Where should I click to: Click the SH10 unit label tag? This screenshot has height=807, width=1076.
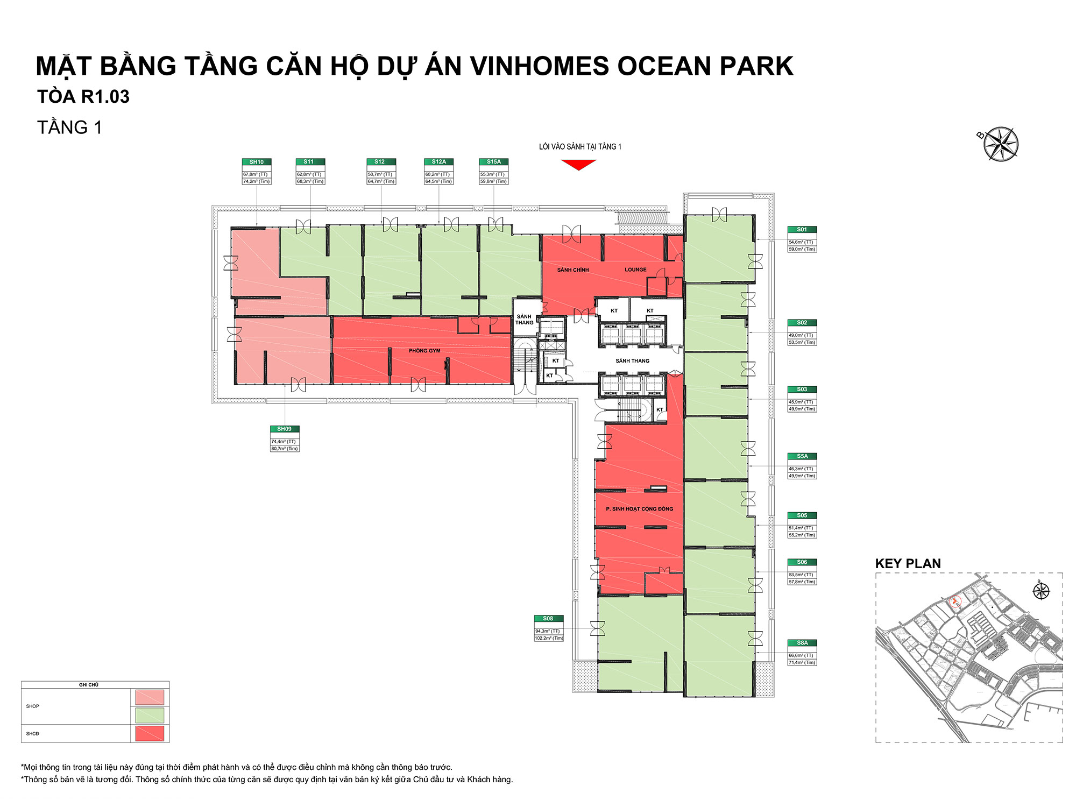257,162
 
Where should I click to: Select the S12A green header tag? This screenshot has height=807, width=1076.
438,162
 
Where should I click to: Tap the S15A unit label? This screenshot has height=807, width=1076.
493,162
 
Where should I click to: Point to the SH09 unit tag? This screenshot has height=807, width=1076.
284,429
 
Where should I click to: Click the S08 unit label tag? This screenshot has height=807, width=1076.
548,619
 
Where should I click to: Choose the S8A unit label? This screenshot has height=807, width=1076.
802,643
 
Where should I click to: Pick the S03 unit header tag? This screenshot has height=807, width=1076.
802,390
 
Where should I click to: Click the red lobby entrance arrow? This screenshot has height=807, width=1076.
578,165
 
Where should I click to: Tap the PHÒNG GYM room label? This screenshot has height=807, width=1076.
424,351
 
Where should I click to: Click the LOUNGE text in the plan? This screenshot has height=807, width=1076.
635,270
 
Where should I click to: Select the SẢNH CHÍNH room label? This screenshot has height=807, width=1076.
573,270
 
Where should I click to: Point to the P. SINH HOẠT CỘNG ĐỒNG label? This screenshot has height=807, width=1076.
639,509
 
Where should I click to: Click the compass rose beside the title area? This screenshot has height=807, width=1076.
1000,144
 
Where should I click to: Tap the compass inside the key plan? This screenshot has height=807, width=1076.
1041,591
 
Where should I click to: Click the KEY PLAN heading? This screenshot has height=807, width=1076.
908,564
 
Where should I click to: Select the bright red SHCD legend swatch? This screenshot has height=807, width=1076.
150,733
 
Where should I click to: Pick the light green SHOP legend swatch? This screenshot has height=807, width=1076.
150,715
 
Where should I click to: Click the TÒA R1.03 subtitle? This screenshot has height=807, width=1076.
83,97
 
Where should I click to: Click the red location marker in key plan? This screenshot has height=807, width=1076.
955,601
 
